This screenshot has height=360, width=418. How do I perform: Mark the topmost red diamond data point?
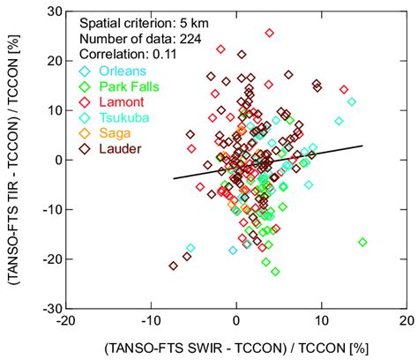270,33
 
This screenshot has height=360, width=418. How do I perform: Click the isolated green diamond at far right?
362,242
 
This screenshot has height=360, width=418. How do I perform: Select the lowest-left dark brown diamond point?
173,265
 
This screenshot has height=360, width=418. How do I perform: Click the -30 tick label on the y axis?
50,309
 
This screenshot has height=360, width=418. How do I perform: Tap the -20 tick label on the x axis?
64,323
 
